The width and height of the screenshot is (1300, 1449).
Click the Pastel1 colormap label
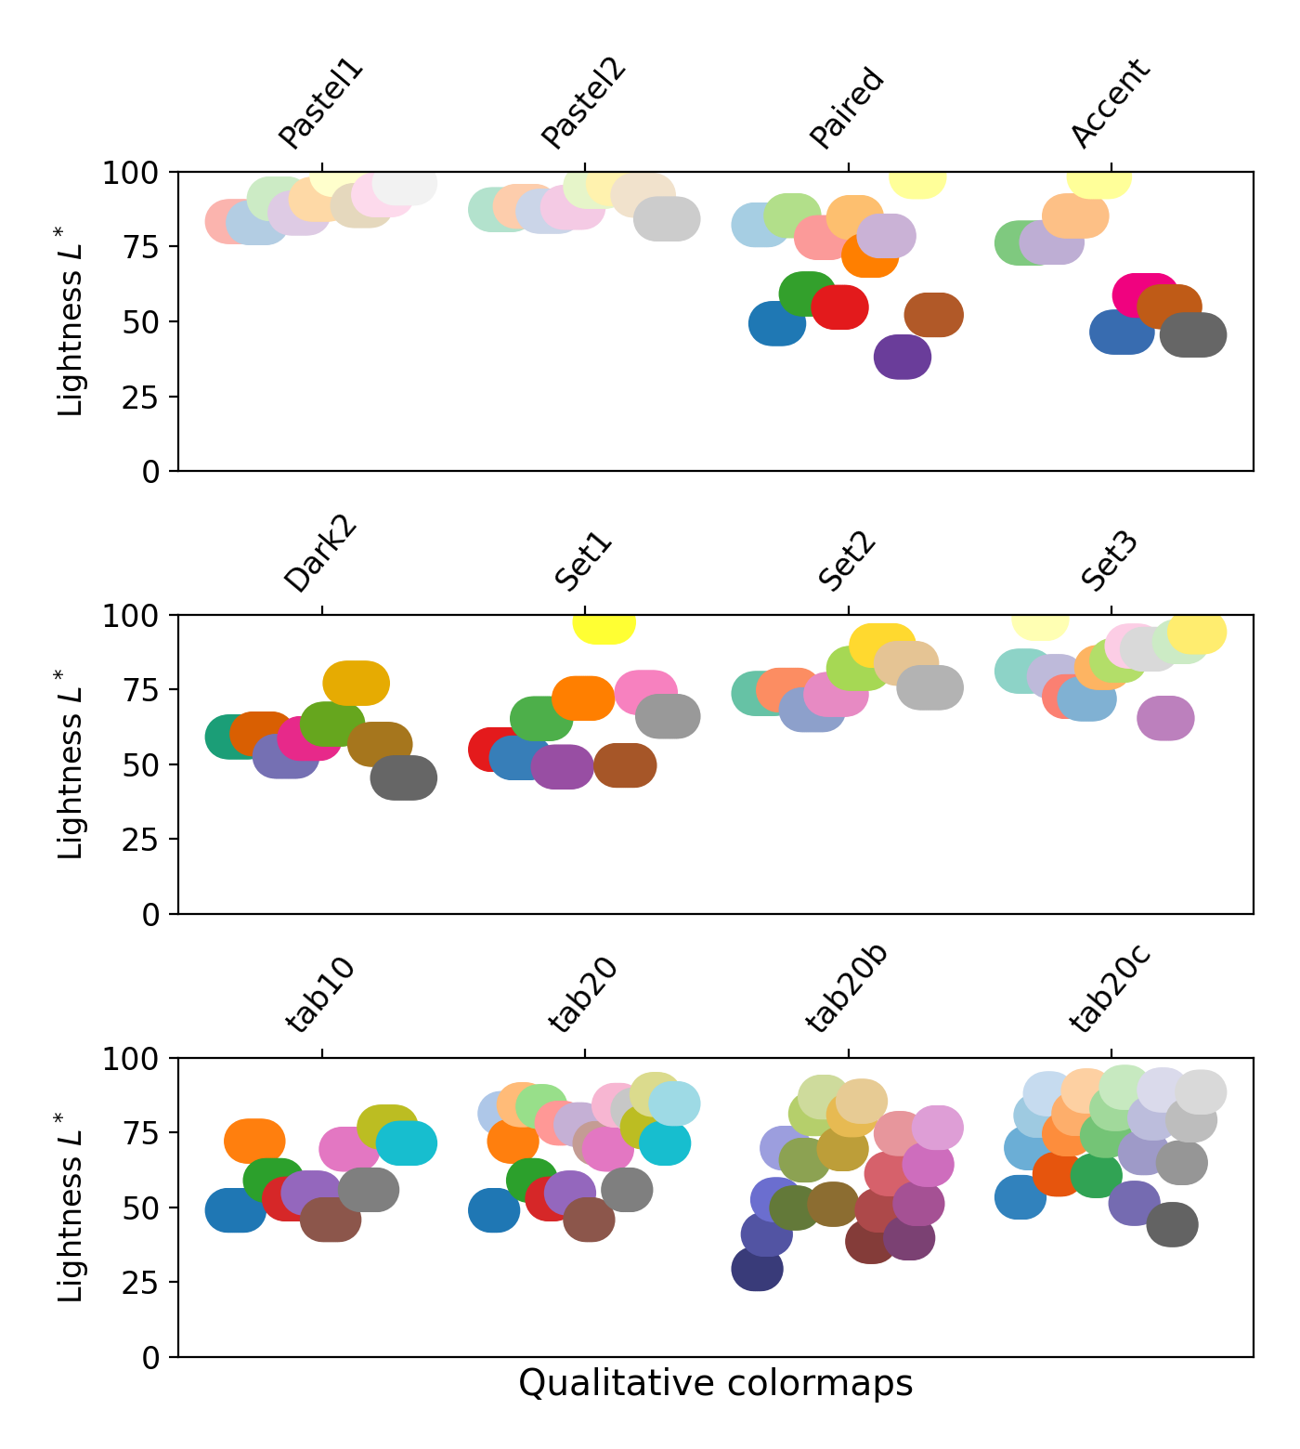click(x=320, y=104)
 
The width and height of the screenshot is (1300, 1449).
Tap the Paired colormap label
click(x=846, y=108)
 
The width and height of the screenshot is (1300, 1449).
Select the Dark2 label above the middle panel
click(x=320, y=555)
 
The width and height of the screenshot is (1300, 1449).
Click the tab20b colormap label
click(x=846, y=988)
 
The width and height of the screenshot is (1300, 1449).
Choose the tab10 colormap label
click(x=320, y=995)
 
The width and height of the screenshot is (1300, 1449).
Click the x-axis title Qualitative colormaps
click(x=715, y=1383)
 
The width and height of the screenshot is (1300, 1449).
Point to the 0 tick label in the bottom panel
click(x=151, y=1358)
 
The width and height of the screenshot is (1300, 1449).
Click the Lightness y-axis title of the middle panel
click(x=71, y=764)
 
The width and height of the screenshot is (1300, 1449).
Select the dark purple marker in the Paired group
click(x=903, y=357)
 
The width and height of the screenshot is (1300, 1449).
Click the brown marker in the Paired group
click(x=933, y=315)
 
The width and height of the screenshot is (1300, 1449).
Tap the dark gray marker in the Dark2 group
click(x=404, y=777)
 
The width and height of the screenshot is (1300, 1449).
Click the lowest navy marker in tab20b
click(x=757, y=1269)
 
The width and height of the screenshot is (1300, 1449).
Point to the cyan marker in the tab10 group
click(x=407, y=1142)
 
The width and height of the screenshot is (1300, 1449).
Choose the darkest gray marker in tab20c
click(x=1172, y=1224)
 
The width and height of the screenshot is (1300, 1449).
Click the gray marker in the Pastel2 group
click(x=667, y=219)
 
